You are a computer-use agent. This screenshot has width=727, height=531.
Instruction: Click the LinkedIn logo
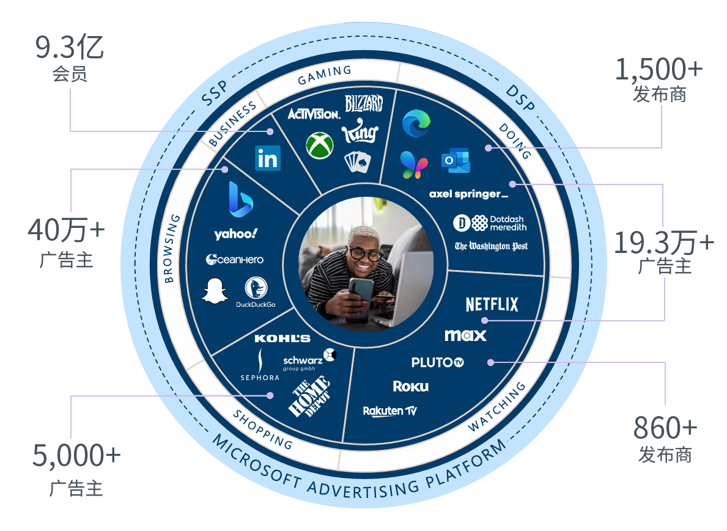(268, 158)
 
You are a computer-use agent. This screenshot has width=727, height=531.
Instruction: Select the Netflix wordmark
(492, 304)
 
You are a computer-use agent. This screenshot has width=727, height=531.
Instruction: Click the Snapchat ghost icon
(214, 290)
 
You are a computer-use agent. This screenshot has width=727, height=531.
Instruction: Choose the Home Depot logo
(309, 398)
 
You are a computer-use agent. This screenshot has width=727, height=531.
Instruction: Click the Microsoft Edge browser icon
(416, 124)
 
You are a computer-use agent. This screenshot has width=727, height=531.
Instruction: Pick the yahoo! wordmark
(236, 234)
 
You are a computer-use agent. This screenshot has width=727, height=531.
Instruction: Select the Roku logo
(410, 386)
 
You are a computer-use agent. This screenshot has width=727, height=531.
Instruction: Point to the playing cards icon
(358, 162)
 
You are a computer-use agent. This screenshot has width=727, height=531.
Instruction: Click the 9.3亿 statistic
(70, 49)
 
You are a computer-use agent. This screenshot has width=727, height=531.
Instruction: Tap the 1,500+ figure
(659, 71)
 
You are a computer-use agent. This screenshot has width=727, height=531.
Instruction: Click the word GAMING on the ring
(325, 75)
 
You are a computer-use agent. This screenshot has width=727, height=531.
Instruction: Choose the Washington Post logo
(491, 246)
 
